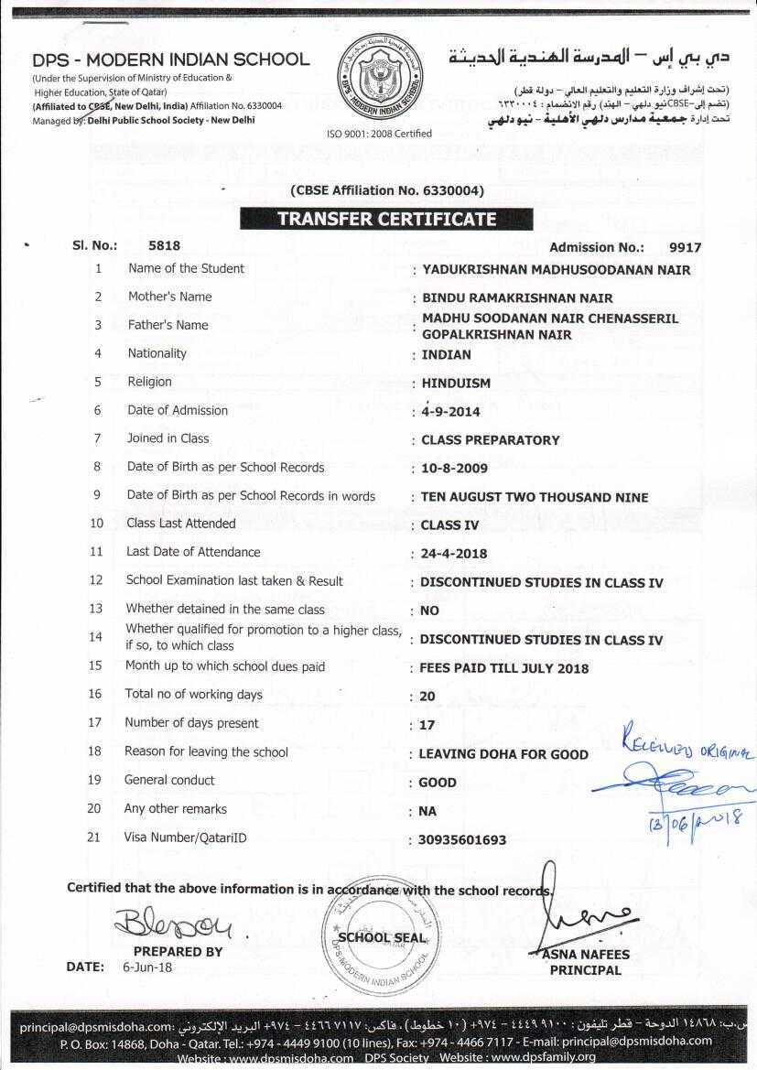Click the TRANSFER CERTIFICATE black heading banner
386,220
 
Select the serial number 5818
164,245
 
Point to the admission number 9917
685,247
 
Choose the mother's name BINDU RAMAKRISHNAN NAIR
516,298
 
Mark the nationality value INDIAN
447,355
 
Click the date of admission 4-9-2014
450,412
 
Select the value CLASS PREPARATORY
490,440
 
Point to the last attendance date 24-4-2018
453,554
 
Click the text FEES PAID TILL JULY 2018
504,668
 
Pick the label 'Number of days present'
191,723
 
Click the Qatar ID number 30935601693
462,840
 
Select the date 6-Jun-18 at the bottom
146,967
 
